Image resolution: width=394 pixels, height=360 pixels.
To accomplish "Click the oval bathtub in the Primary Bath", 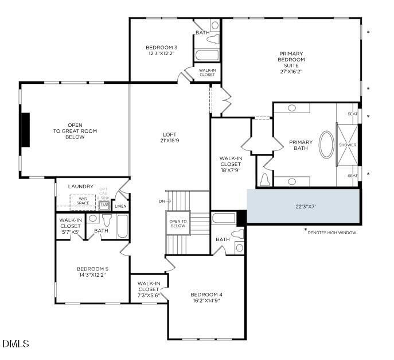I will (x=325, y=145).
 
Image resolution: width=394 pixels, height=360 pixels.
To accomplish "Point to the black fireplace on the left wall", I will (x=25, y=130).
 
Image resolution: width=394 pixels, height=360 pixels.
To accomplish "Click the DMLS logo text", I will (x=15, y=344).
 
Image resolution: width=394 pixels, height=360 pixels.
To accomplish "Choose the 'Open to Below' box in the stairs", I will (x=178, y=223).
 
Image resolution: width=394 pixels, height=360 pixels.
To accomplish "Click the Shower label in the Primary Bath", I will (x=348, y=145).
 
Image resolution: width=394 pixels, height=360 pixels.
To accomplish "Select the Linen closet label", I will (x=121, y=206).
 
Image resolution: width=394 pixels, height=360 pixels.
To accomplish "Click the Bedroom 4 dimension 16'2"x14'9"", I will (x=206, y=301).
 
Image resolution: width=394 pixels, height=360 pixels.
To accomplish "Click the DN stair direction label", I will (x=162, y=201).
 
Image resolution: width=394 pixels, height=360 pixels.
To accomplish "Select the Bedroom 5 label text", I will (x=92, y=268).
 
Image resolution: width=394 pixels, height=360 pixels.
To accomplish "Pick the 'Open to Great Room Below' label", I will (x=75, y=131).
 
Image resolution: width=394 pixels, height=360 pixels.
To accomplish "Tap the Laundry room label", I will (x=80, y=186).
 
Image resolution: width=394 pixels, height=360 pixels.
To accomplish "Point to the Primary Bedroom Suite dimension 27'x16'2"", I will (x=291, y=72).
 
